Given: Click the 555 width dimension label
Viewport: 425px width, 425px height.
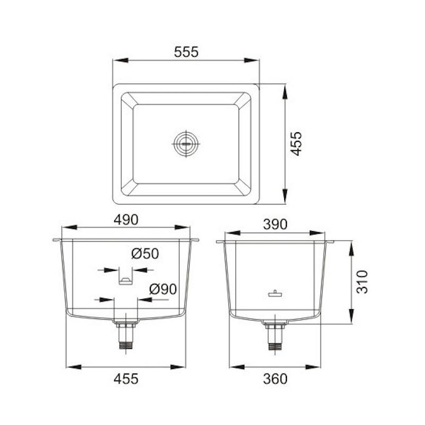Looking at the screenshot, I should [x=186, y=52].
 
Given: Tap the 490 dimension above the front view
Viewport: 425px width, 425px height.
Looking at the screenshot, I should [x=126, y=219].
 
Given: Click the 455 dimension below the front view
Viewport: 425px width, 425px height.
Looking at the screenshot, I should [x=126, y=378].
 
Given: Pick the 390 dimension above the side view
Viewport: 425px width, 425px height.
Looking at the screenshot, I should [x=275, y=224].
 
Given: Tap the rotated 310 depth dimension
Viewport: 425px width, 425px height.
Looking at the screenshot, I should [x=362, y=282].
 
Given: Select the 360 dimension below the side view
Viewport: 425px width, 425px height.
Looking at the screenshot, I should [x=275, y=378].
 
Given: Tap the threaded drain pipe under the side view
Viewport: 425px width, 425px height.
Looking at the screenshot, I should [x=275, y=337].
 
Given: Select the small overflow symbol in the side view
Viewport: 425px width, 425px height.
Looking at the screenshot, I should [x=275, y=294].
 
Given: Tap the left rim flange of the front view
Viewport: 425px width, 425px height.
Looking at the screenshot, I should [x=57, y=240].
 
